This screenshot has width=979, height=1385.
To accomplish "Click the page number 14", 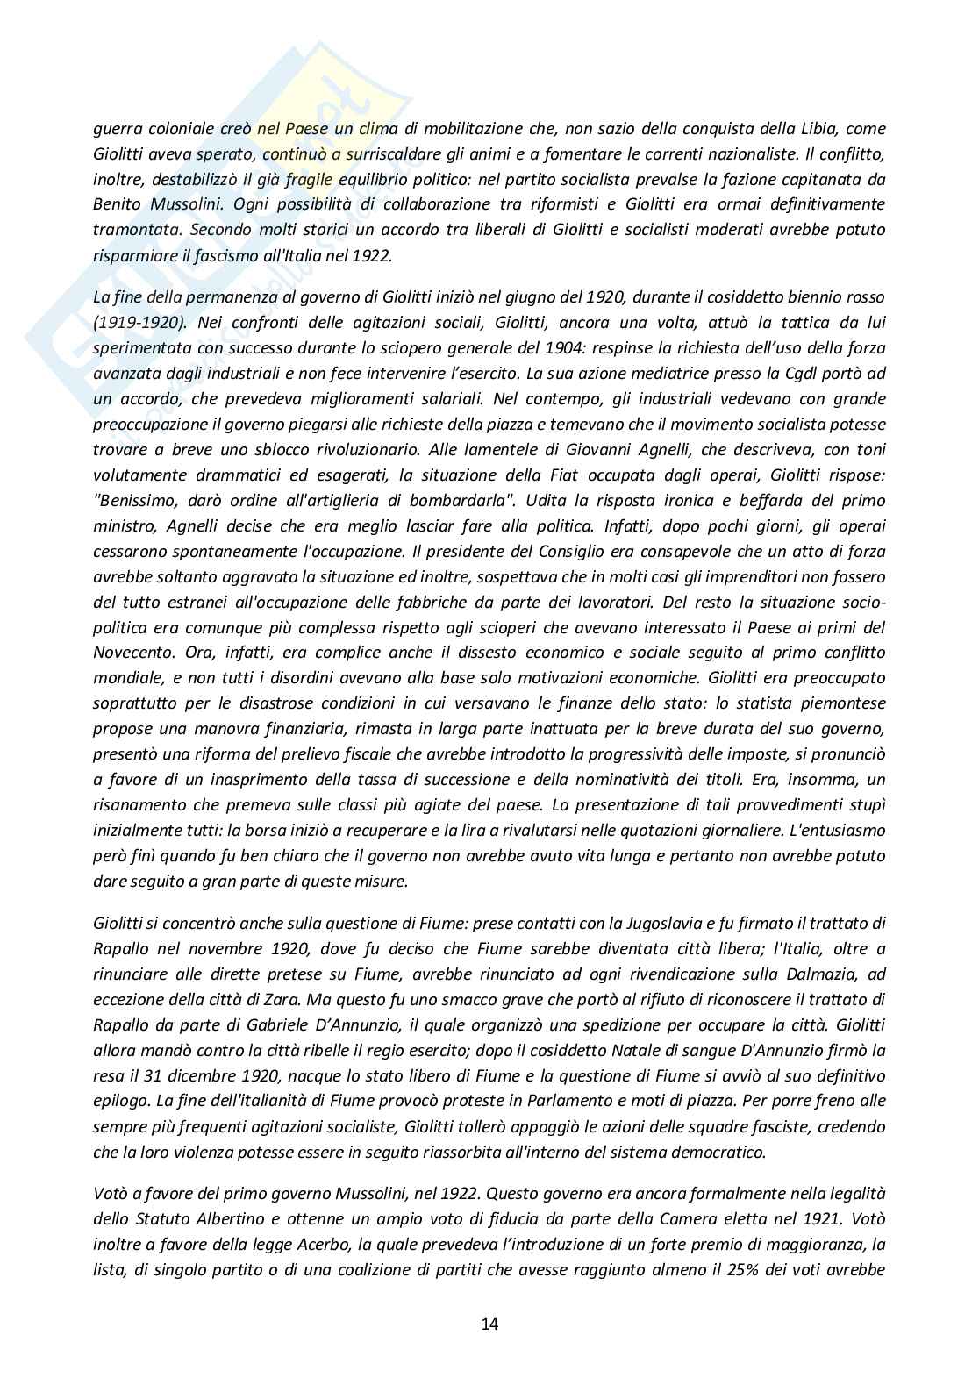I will pyautogui.click(x=489, y=1324).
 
